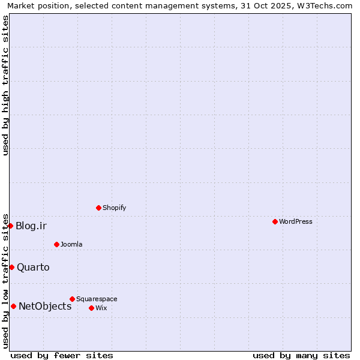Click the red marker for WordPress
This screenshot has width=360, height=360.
[x=275, y=221]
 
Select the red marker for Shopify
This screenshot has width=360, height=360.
[x=98, y=208]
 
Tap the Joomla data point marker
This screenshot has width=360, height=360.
[x=56, y=244]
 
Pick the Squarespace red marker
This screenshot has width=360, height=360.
[x=72, y=299]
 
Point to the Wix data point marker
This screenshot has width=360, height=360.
[x=91, y=308]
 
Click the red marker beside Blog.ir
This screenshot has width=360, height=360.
[x=10, y=226]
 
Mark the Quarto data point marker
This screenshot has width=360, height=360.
[x=11, y=267]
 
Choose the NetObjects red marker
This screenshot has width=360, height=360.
[x=13, y=306]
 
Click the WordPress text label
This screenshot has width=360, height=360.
[x=296, y=221]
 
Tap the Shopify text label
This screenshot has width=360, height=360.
[x=114, y=208]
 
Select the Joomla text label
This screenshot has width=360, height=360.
[x=71, y=244]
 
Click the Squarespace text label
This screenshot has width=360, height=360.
[x=97, y=299]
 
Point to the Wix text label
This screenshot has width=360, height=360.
[x=101, y=308]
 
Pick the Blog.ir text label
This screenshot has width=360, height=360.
[x=31, y=226]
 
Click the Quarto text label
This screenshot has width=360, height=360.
[x=33, y=267]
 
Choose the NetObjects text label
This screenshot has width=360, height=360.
[x=45, y=306]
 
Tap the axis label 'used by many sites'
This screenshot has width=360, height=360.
[x=301, y=355]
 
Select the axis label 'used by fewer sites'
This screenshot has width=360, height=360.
[x=62, y=355]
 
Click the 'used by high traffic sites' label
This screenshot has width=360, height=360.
[x=5, y=86]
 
